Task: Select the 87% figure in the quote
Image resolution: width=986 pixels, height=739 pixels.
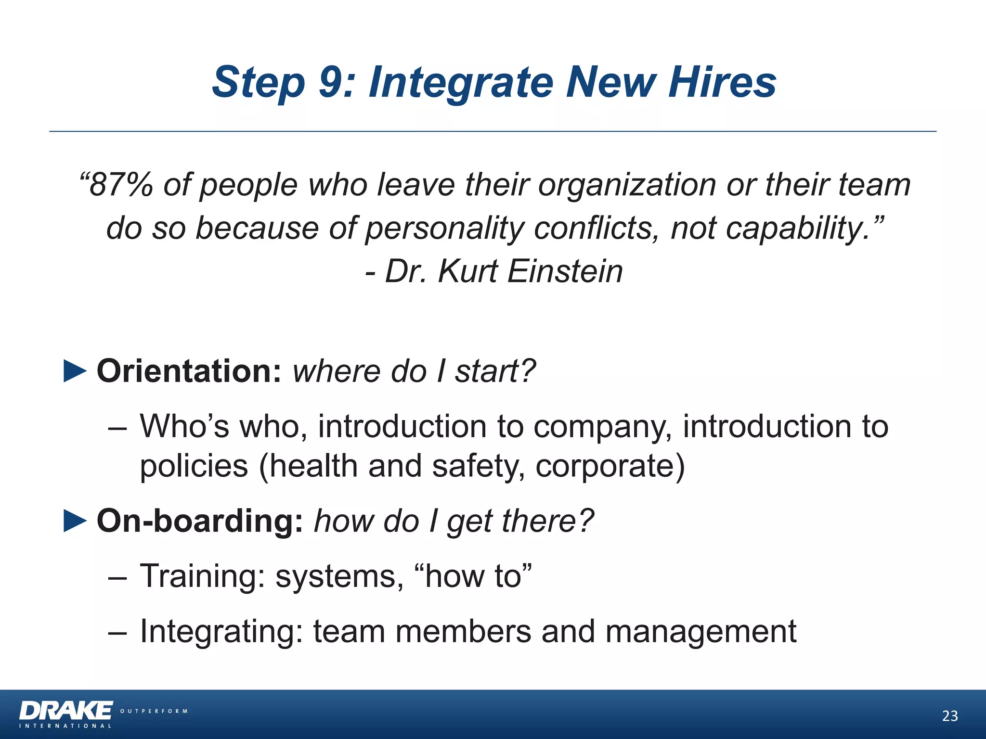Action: (121, 185)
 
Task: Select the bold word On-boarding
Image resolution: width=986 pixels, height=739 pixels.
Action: (200, 521)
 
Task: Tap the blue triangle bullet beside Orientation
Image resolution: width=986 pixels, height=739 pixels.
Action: (75, 371)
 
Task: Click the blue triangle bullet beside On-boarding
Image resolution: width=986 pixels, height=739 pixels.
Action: (75, 521)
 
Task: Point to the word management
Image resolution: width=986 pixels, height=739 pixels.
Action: (701, 632)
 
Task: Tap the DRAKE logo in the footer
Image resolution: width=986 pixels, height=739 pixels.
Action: (66, 711)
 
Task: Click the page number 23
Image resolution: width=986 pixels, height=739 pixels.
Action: (950, 716)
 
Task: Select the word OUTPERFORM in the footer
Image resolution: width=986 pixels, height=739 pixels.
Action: (154, 711)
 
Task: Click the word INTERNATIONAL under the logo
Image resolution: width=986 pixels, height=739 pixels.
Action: (65, 726)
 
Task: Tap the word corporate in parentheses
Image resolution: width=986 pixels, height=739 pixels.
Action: (610, 466)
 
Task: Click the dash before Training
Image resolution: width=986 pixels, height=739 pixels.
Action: (117, 576)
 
